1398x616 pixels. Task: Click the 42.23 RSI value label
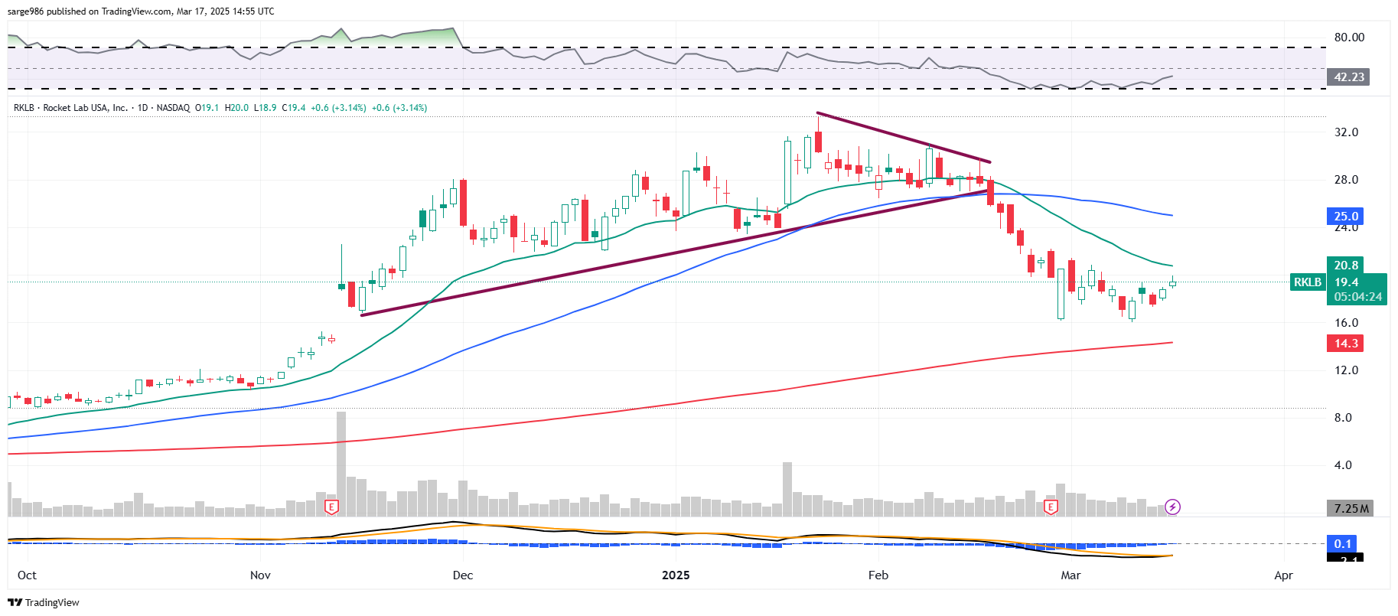click(x=1348, y=77)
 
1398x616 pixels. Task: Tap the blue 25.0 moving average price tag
click(x=1345, y=217)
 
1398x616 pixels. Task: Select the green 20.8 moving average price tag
click(x=1345, y=266)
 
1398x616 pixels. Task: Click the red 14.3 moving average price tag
click(x=1345, y=344)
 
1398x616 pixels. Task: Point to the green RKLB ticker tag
click(x=1307, y=282)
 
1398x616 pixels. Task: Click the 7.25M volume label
click(x=1350, y=509)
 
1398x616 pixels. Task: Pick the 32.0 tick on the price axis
click(x=1346, y=132)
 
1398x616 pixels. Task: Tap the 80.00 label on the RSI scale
click(x=1349, y=37)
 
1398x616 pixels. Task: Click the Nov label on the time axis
click(x=260, y=575)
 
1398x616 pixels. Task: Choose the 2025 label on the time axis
click(x=676, y=575)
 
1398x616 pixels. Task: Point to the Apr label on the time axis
click(x=1283, y=575)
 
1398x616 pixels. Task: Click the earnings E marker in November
click(x=331, y=507)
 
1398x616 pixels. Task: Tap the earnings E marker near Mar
click(x=1051, y=507)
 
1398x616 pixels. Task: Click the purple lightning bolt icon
click(x=1172, y=507)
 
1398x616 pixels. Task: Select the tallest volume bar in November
click(x=341, y=463)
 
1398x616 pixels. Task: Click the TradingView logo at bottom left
click(x=44, y=603)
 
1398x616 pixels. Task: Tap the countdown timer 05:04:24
click(x=1357, y=297)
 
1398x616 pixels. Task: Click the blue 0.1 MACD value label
click(x=1343, y=544)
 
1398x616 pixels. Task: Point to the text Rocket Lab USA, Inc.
click(x=85, y=108)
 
